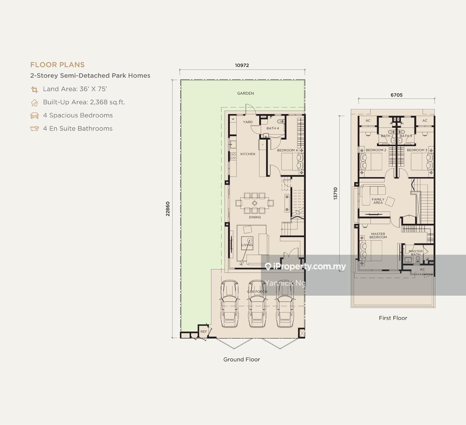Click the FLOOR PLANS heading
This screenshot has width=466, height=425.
point(57,65)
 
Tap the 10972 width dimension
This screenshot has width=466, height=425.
point(242,66)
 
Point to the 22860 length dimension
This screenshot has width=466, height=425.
point(168,209)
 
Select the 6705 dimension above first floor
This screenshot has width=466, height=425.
point(396,95)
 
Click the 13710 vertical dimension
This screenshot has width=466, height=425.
point(335,194)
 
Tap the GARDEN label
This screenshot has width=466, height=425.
point(246,93)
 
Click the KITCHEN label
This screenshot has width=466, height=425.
point(248,154)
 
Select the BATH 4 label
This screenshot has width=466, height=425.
point(273,128)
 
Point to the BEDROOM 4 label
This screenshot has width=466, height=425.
point(287,150)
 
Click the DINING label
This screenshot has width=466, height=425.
point(255,217)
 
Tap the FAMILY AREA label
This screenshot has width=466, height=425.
point(378,201)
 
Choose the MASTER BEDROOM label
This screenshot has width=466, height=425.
point(378,235)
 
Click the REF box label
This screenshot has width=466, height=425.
point(203,332)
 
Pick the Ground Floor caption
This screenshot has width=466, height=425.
point(242,359)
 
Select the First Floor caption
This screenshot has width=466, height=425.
point(393,318)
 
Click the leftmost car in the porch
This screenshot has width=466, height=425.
point(229,304)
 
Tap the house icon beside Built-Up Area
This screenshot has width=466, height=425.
point(34,102)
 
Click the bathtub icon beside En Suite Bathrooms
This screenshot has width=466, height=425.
point(34,129)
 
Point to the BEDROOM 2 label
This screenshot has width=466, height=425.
point(376,150)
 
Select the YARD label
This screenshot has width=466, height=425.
point(248,122)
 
